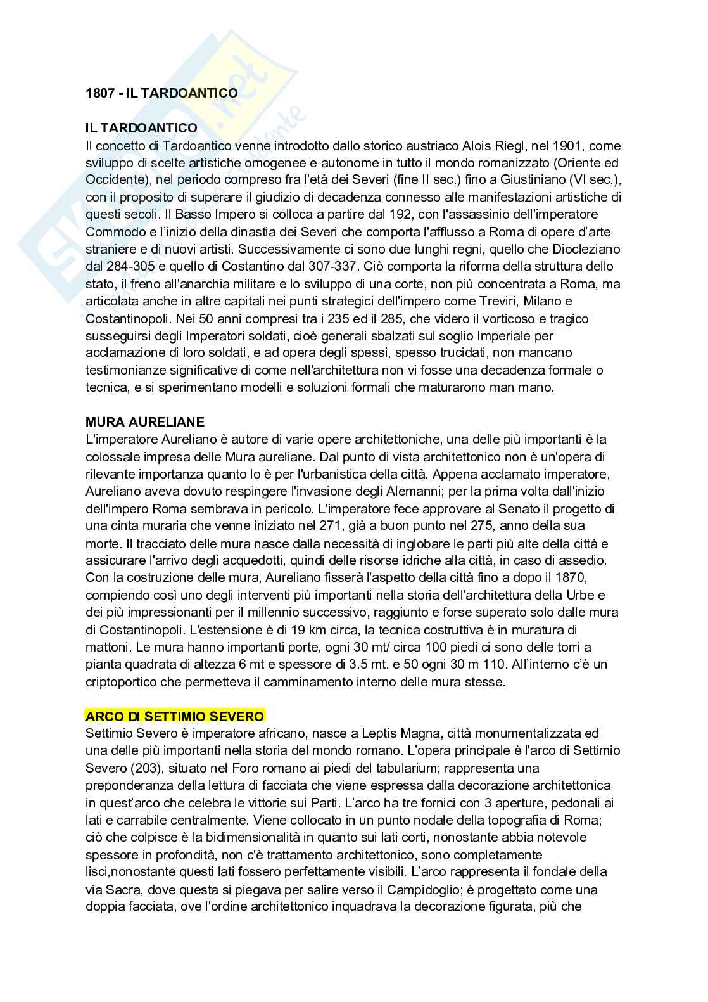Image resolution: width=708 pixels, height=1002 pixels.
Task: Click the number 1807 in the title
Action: point(99,93)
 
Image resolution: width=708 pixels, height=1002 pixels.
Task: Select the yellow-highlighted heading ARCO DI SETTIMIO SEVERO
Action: point(175,716)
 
